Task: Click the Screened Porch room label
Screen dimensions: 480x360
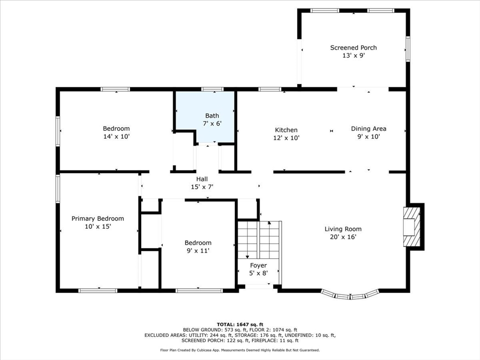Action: (353, 47)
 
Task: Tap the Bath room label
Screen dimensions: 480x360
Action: (212, 116)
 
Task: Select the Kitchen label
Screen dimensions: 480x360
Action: (286, 130)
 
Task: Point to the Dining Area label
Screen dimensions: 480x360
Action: (368, 128)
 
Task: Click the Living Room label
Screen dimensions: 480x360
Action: (343, 229)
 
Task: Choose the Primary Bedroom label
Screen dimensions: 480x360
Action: (97, 218)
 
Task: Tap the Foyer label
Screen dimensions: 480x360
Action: (258, 265)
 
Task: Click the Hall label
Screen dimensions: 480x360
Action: (202, 179)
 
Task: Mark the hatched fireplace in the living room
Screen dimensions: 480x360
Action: (412, 227)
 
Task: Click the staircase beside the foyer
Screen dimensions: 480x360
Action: (259, 240)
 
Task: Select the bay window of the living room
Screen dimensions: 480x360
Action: (350, 295)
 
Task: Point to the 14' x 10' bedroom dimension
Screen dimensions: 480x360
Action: (116, 136)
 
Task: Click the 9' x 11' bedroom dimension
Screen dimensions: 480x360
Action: (198, 251)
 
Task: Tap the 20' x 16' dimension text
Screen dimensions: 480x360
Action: (343, 237)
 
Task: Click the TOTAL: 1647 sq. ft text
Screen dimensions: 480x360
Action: (240, 324)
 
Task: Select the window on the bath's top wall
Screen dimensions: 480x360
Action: (212, 90)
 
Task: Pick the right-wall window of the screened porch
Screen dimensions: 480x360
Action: (408, 49)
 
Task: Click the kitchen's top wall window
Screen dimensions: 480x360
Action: (270, 90)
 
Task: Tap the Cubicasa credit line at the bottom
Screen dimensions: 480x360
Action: (240, 350)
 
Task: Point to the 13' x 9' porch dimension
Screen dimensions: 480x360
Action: (353, 55)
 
